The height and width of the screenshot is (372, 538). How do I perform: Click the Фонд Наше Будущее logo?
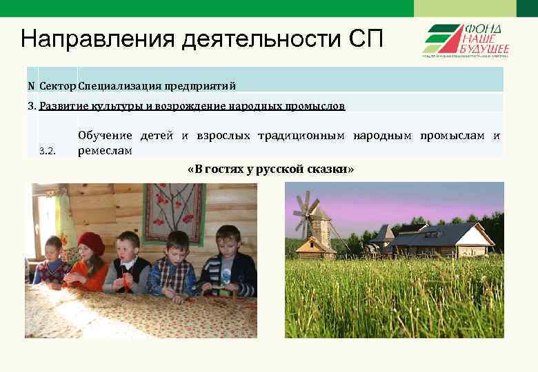point(466,41)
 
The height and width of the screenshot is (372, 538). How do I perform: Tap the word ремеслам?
point(105,150)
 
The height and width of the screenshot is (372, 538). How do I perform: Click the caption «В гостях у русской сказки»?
point(270,169)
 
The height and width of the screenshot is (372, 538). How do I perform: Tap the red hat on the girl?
point(90,241)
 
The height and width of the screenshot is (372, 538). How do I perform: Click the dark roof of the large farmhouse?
point(448,231)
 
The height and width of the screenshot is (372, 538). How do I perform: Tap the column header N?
point(31,86)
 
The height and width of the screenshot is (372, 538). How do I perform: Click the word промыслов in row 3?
point(317,106)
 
